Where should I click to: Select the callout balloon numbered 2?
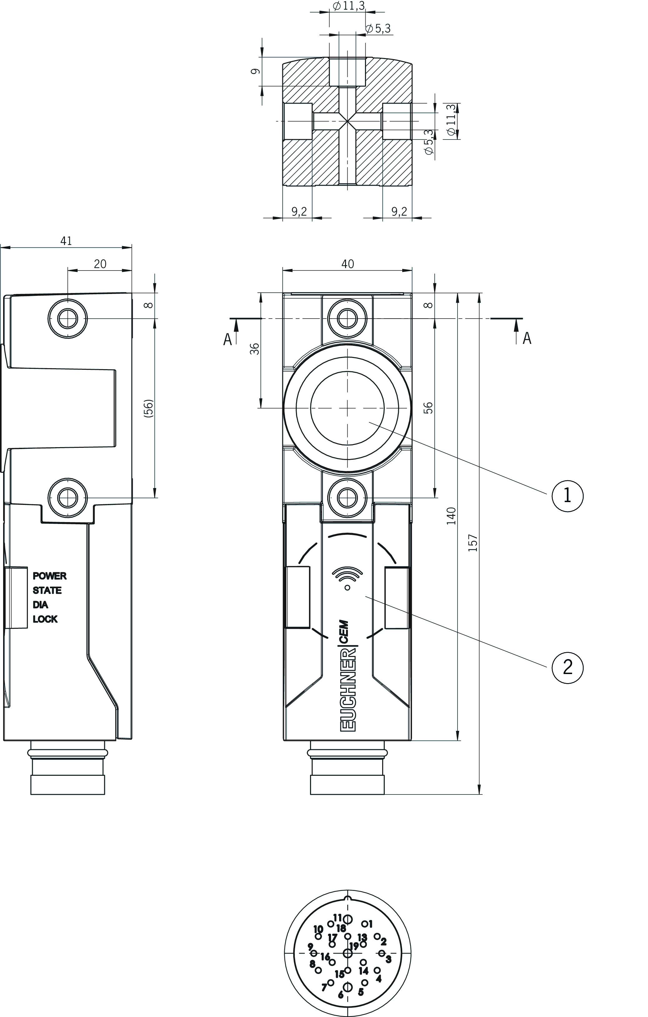567,667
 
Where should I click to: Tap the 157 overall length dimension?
473,543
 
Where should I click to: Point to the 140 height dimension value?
452,516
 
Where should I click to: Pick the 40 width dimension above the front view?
348,264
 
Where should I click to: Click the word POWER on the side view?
49,576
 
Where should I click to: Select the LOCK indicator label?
45,619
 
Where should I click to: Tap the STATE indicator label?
47,590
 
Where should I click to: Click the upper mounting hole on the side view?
68,318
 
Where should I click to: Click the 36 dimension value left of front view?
255,349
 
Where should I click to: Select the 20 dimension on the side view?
100,264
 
